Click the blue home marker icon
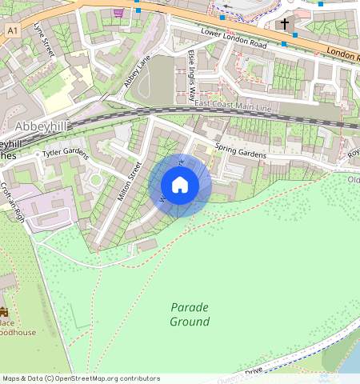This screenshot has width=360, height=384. [180, 186]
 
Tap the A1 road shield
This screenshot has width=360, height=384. [11, 30]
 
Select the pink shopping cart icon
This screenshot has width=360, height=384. [119, 13]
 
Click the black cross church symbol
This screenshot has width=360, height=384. [286, 25]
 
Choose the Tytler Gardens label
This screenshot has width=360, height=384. [64, 152]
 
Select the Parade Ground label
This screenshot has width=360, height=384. [190, 314]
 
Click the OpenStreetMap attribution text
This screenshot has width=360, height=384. [80, 378]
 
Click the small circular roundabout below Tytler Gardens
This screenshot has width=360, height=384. [96, 180]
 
